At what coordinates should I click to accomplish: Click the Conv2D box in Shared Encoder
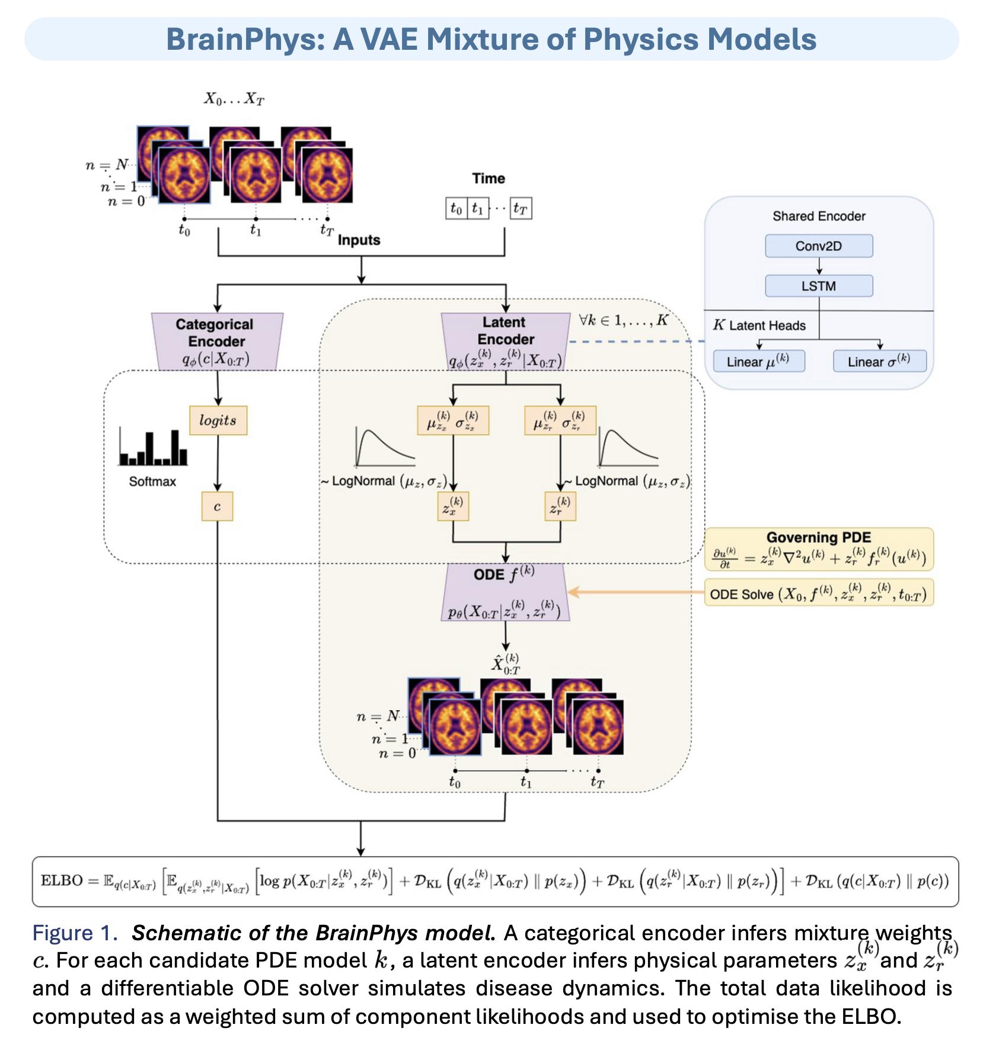(x=818, y=246)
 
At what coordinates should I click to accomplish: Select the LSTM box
(x=818, y=286)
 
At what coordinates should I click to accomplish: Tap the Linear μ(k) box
(x=758, y=361)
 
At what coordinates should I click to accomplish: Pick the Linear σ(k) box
(x=879, y=361)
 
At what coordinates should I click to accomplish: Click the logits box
(x=218, y=420)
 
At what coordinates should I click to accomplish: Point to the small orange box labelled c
(x=217, y=506)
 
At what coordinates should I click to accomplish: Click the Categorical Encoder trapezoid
(x=217, y=341)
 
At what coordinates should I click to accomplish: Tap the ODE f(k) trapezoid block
(x=505, y=592)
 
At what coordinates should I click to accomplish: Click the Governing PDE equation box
(x=818, y=550)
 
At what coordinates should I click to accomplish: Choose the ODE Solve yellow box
(x=818, y=593)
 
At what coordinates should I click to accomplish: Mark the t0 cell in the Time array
(x=456, y=209)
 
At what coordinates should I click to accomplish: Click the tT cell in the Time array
(x=521, y=209)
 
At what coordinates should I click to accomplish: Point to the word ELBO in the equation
(x=61, y=880)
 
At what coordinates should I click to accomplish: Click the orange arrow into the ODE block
(x=634, y=592)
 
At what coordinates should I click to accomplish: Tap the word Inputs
(x=359, y=240)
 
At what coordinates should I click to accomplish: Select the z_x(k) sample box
(x=453, y=506)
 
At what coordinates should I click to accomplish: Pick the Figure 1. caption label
(x=75, y=933)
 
